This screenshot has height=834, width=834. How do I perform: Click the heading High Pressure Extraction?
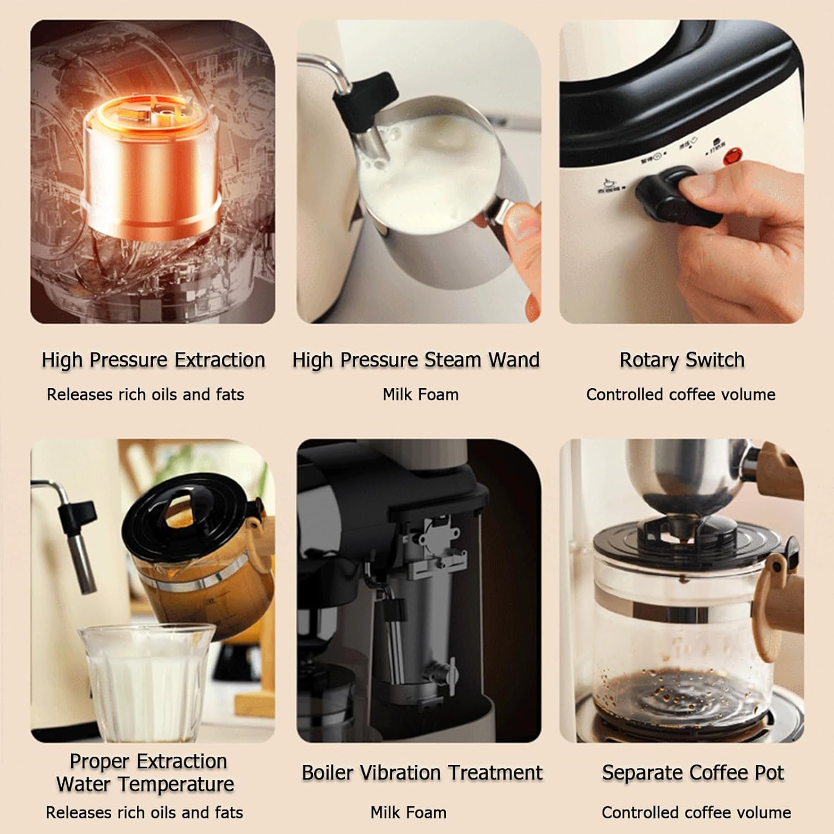point(153,360)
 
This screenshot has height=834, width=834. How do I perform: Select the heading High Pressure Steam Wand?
point(416,360)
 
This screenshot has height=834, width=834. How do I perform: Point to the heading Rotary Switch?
point(682,360)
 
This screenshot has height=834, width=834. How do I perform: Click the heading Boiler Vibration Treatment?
point(421,773)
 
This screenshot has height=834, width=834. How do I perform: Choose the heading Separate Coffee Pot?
point(693,773)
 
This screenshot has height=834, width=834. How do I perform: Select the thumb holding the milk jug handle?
point(523,220)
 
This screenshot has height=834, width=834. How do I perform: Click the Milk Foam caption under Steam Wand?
point(420,395)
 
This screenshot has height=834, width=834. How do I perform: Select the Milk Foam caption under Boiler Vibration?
point(408,813)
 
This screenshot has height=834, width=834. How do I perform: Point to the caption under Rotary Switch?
point(681,395)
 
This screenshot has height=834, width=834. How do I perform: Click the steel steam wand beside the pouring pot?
point(83,550)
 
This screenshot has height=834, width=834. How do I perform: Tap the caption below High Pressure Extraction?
point(145,395)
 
